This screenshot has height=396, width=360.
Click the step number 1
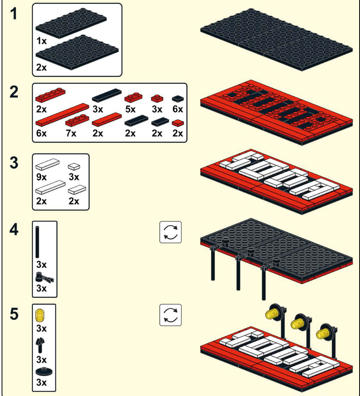(14, 14)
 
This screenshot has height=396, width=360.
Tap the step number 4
(14, 229)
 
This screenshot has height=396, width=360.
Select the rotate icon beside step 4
(170, 232)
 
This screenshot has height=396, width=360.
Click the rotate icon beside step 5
(170, 315)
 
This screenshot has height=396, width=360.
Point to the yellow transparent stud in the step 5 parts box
(40, 315)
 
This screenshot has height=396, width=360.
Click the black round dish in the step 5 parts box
(44, 372)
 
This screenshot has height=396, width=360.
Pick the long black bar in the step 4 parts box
(37, 242)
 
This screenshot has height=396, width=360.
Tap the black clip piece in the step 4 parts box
(44, 278)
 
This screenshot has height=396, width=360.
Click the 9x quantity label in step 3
(41, 177)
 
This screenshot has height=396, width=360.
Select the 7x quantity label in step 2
(71, 133)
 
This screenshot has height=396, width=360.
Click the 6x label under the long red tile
(41, 133)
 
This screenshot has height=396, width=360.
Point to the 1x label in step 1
(41, 41)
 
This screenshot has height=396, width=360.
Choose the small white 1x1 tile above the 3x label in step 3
(74, 167)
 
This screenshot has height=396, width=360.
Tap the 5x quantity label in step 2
(130, 109)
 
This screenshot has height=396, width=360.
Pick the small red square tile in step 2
(178, 123)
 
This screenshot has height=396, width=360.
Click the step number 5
(14, 314)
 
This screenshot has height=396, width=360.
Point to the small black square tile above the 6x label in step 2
(178, 99)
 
